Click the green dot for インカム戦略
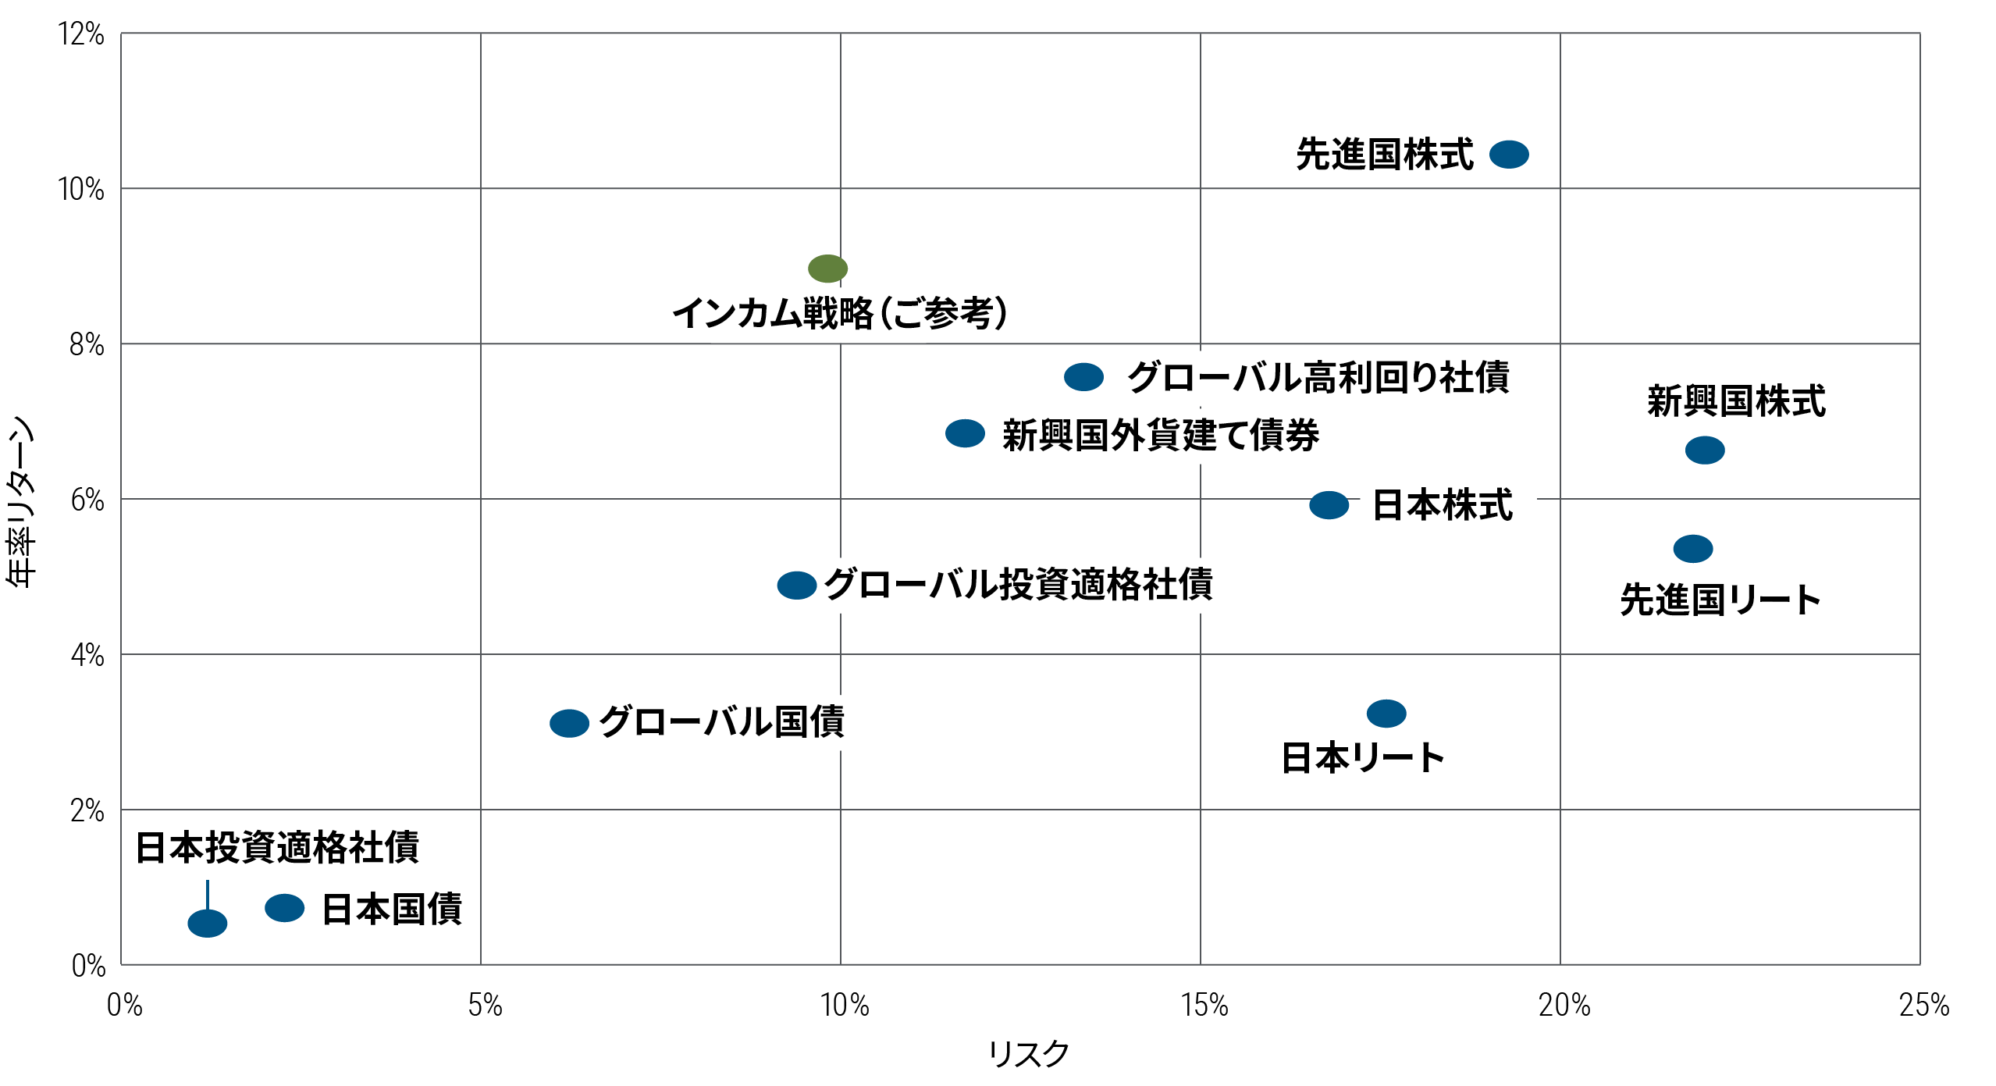[827, 269]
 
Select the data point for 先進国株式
[1508, 155]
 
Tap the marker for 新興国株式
[1704, 450]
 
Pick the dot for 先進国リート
[1692, 549]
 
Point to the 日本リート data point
[1386, 714]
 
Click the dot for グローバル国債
[569, 724]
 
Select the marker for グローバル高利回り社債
[1083, 377]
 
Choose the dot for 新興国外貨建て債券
[965, 433]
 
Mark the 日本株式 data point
[1329, 505]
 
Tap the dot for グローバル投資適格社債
[796, 586]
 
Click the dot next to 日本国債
[284, 908]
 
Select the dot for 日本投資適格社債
[207, 924]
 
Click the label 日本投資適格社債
[277, 848]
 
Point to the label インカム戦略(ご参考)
[840, 313]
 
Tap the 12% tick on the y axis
[81, 34]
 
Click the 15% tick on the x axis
[1204, 1006]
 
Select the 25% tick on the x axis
[1923, 1006]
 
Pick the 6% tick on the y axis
[87, 500]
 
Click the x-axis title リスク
[1028, 1054]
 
